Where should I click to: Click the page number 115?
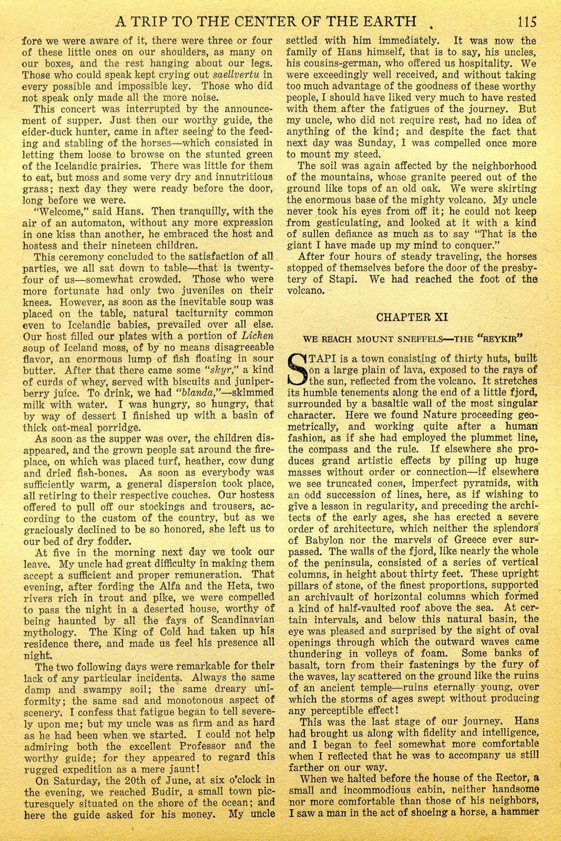527,21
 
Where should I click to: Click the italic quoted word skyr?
217,370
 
